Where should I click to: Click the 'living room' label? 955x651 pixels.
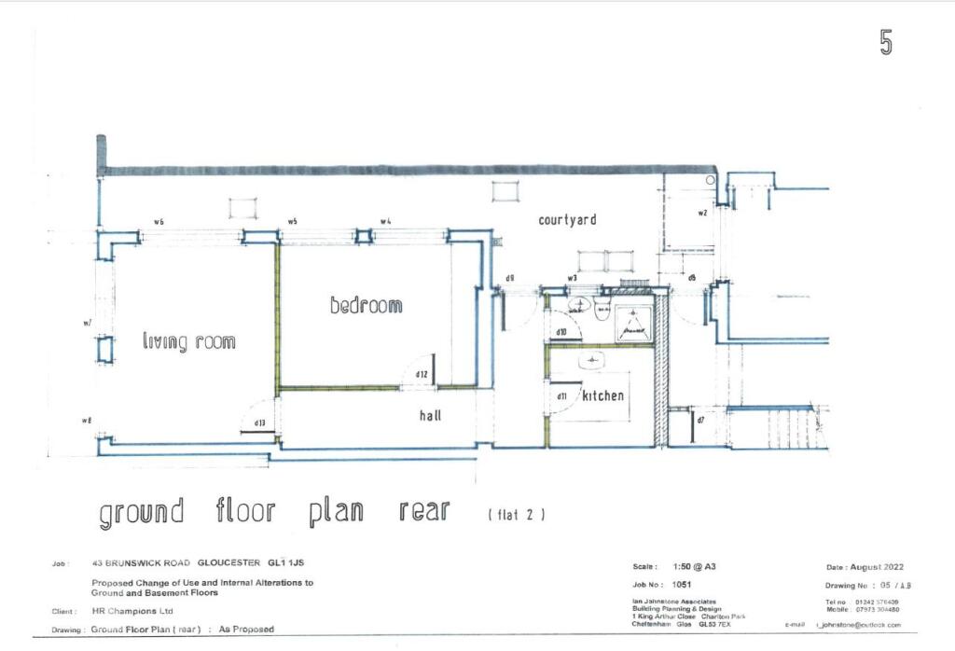(x=188, y=341)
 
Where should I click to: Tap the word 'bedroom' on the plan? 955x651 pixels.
(x=366, y=305)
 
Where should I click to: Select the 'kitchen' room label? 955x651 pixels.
(x=603, y=396)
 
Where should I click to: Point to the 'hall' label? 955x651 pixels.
(x=430, y=417)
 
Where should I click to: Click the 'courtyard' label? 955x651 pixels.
(x=567, y=220)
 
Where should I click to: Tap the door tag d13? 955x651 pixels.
(x=260, y=424)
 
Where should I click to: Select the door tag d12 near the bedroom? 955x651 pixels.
(x=422, y=375)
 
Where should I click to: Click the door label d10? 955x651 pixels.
(x=561, y=332)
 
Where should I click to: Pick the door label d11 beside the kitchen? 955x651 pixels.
(x=561, y=396)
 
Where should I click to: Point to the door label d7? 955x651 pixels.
(x=700, y=421)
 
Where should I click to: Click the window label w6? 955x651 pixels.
(x=159, y=222)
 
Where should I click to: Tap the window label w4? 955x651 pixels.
(x=385, y=222)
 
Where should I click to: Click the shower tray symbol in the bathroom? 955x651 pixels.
(x=634, y=322)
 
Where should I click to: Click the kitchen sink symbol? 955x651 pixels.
(x=593, y=360)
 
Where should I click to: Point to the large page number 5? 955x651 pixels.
(x=885, y=43)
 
